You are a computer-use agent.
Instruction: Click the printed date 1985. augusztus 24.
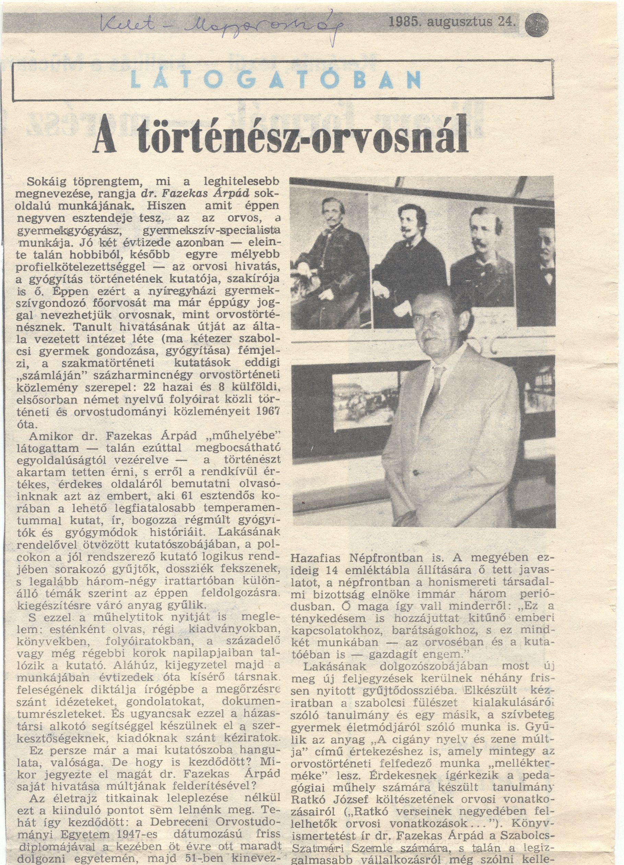click(x=451, y=23)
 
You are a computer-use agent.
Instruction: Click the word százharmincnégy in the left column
click(x=136, y=375)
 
